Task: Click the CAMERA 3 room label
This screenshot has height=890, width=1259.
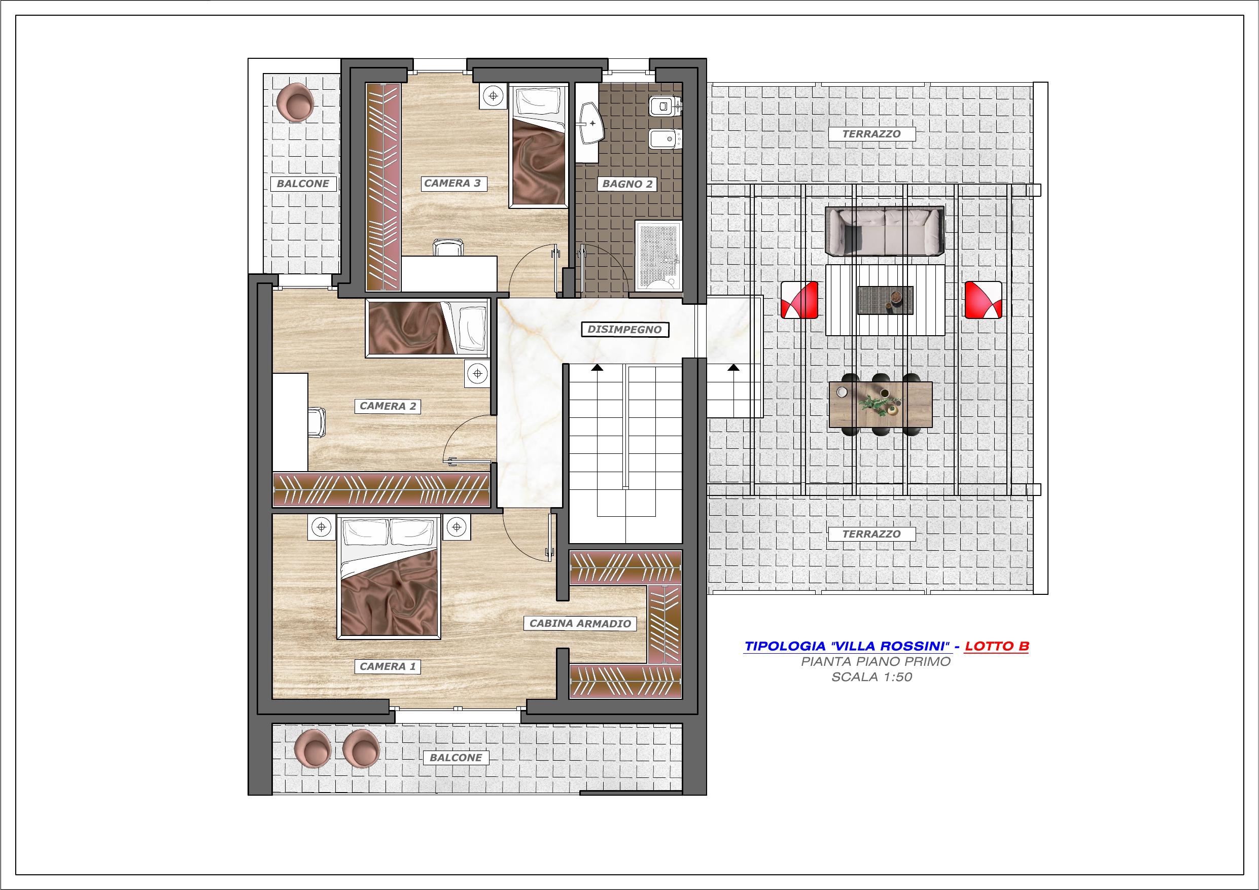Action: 452,183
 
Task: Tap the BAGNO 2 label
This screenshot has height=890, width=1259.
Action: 627,184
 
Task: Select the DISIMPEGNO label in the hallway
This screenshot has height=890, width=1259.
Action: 624,330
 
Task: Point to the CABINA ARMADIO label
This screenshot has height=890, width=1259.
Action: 580,623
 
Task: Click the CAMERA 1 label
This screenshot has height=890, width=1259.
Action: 388,666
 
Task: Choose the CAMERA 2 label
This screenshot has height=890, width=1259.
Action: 388,406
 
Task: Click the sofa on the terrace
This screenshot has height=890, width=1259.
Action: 885,231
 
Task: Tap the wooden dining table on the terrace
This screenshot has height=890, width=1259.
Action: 881,405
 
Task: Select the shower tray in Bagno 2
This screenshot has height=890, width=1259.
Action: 658,256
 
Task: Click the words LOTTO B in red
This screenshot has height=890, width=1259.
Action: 996,647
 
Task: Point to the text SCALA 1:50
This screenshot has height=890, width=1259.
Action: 871,677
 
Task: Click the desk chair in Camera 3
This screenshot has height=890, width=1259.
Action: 448,247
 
